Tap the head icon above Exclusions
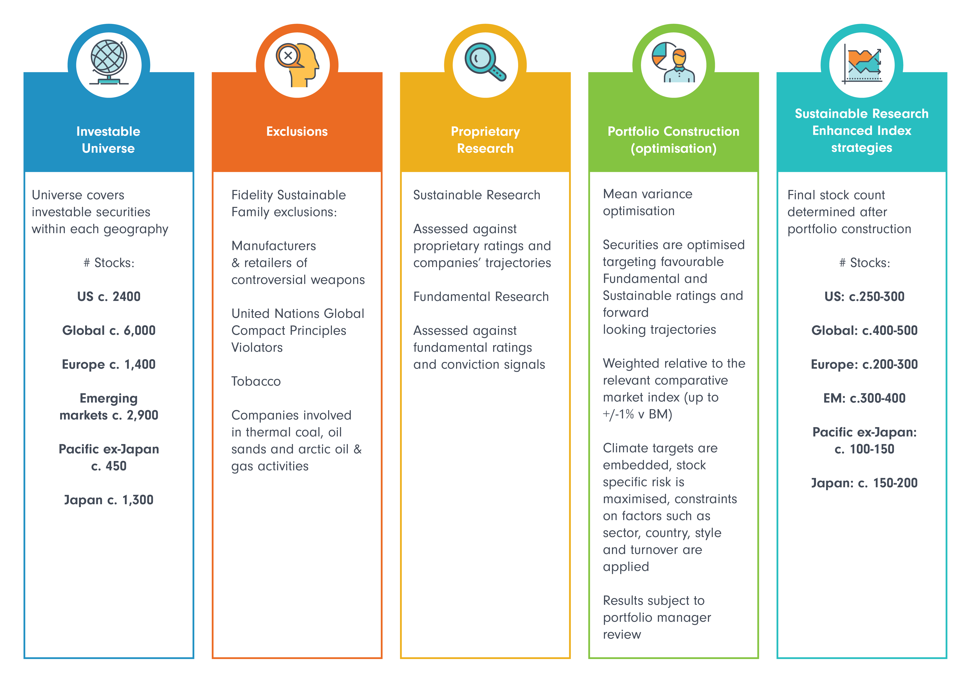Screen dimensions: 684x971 coord(297,64)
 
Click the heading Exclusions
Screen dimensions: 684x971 coord(297,132)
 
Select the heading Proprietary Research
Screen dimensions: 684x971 coord(485,140)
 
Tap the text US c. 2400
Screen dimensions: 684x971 coord(109,296)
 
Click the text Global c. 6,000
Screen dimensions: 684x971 coord(109,330)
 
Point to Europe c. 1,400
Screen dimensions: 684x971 coord(109,364)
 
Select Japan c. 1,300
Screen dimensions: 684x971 coord(109,500)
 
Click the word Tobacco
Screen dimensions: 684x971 coord(256,381)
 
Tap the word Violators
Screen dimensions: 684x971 coord(257,348)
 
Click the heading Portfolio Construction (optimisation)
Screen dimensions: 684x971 coord(673,140)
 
